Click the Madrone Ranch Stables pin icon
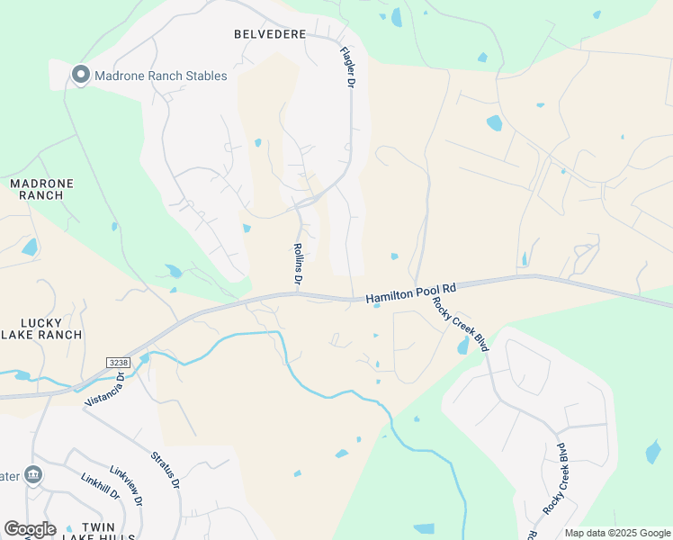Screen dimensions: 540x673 click(x=81, y=76)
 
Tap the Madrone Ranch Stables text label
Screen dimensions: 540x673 click(x=161, y=76)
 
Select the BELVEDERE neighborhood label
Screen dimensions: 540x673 click(x=270, y=34)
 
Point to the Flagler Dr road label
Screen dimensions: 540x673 click(x=347, y=67)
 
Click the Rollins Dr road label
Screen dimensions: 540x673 click(x=297, y=265)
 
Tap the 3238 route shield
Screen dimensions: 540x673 click(x=118, y=362)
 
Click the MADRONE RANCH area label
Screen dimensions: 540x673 click(x=41, y=189)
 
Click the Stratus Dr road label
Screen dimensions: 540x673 click(x=165, y=470)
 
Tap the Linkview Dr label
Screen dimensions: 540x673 click(x=128, y=486)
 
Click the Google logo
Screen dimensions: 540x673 click(x=30, y=529)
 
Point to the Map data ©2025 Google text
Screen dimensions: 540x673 click(x=616, y=533)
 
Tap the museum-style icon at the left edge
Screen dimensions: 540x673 click(x=33, y=474)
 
